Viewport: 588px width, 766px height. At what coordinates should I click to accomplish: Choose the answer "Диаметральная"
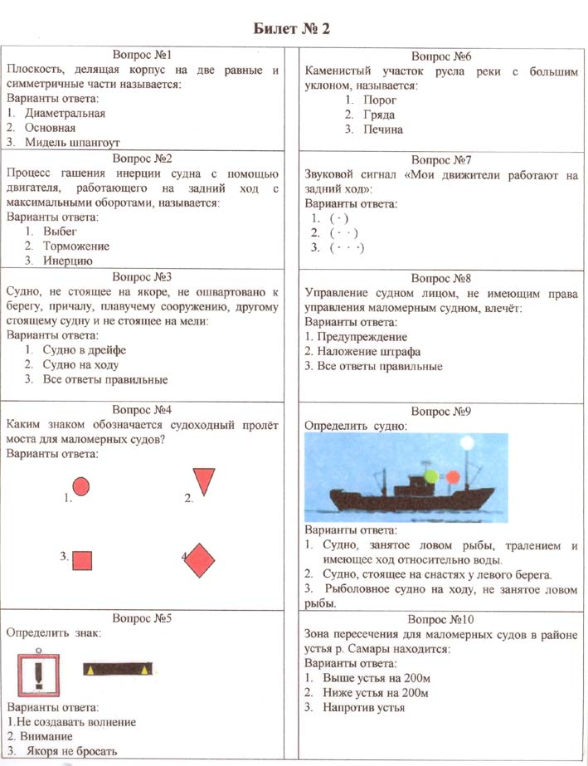coord(66,113)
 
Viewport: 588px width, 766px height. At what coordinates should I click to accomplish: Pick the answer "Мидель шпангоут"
coord(73,143)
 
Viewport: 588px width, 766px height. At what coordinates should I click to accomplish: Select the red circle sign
coord(81,485)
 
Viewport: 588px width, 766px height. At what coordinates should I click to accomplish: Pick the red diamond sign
coord(198,560)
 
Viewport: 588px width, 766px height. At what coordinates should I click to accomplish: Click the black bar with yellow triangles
coord(118,668)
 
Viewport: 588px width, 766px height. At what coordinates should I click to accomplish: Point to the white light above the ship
coord(467,443)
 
